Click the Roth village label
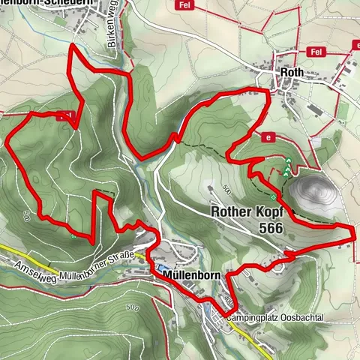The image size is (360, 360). (x=288, y=72)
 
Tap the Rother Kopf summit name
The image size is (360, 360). (x=246, y=212)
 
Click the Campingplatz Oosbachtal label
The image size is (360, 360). (x=278, y=318)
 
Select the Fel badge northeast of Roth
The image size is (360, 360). (x=316, y=52)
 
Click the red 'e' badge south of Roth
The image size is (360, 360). (x=267, y=137)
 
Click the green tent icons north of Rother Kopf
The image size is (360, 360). (x=287, y=167)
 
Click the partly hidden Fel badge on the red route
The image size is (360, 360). (x=67, y=115)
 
